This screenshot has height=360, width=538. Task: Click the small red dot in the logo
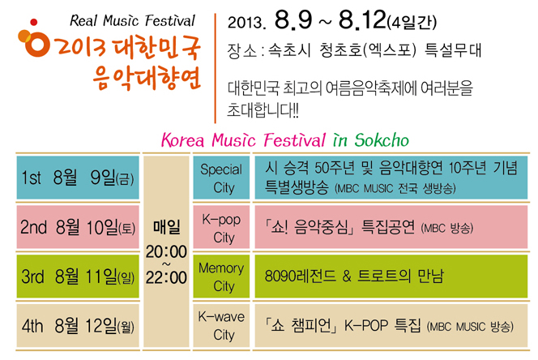pyautogui.click(x=34, y=23)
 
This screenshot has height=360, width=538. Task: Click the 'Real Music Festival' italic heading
pyautogui.click(x=132, y=20)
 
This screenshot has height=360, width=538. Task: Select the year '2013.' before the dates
pyautogui.click(x=246, y=23)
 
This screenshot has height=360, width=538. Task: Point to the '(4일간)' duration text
pyautogui.click(x=412, y=23)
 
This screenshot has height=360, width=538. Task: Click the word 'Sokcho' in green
pyautogui.click(x=382, y=140)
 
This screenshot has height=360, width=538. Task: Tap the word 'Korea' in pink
pyautogui.click(x=183, y=140)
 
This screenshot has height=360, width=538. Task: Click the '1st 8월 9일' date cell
pyautogui.click(x=78, y=178)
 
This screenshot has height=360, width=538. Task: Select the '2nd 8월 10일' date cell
pyautogui.click(x=78, y=227)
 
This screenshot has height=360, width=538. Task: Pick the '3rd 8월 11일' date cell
pyautogui.click(x=78, y=276)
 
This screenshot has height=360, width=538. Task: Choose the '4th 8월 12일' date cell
pyautogui.click(x=78, y=325)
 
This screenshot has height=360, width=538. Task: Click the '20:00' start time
pyautogui.click(x=166, y=252)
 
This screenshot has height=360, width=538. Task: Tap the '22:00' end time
pyautogui.click(x=166, y=277)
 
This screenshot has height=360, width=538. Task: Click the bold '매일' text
pyautogui.click(x=166, y=227)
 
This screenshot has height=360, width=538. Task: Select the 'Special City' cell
pyautogui.click(x=221, y=178)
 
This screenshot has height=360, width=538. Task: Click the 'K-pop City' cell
pyautogui.click(x=221, y=227)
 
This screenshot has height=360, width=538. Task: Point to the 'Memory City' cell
pyautogui.click(x=221, y=276)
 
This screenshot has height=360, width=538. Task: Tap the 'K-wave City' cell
pyautogui.click(x=221, y=325)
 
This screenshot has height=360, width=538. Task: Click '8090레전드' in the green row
pyautogui.click(x=301, y=276)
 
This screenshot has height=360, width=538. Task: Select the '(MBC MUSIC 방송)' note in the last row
pyautogui.click(x=470, y=326)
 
